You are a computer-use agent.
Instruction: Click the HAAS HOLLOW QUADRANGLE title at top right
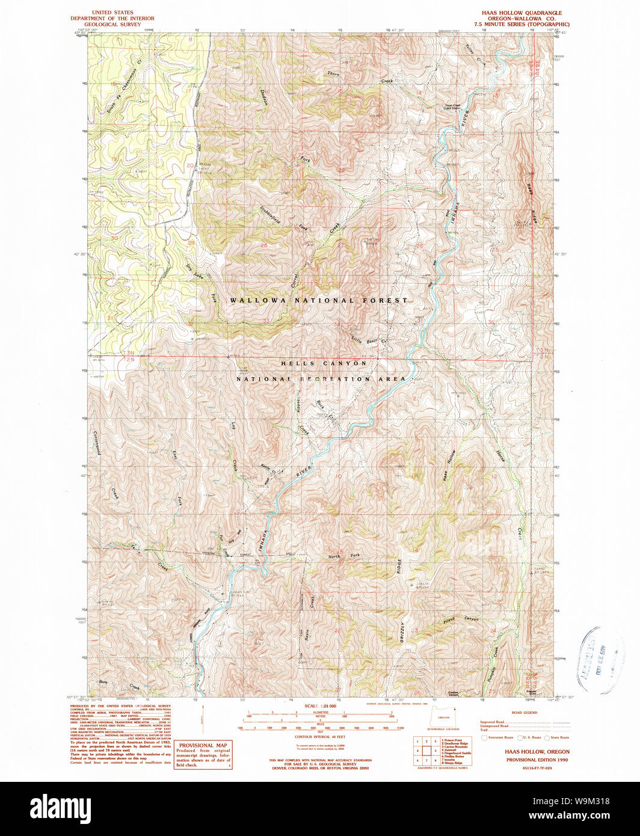(522, 13)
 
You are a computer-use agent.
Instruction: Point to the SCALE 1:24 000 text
(319, 706)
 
